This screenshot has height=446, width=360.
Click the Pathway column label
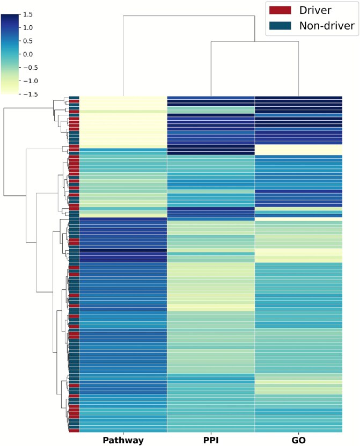[x=123, y=440]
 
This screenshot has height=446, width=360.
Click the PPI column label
[x=211, y=440]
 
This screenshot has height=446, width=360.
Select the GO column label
[x=298, y=440]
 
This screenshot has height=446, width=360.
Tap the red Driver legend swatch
[x=279, y=10]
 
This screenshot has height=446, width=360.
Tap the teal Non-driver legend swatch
[x=279, y=25]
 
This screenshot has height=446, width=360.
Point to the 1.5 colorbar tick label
[x=28, y=14]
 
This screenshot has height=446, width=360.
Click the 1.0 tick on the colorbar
[x=28, y=28]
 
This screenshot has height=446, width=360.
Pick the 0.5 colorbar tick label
[x=28, y=41]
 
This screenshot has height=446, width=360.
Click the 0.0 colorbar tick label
[x=28, y=54]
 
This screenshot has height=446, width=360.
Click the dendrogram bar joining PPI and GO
[x=254, y=42]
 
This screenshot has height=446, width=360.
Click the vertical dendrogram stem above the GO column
[x=298, y=69]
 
